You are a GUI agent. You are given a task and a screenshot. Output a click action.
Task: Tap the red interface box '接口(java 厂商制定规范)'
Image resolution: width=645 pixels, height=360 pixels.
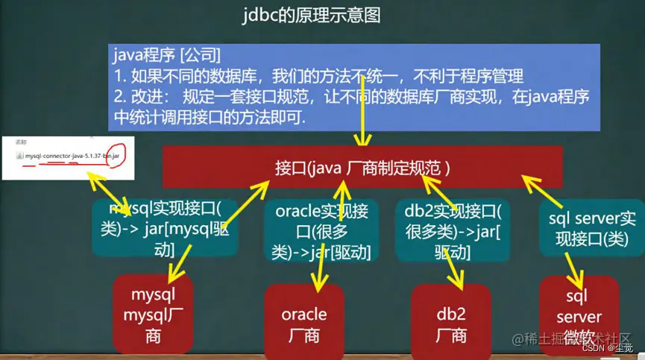coord(362,166)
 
